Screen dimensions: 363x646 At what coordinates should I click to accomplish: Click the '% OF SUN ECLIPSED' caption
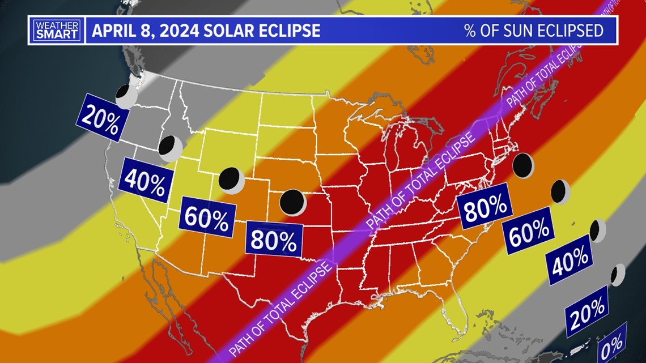(534, 30)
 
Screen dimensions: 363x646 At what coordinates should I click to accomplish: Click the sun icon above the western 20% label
(126, 96)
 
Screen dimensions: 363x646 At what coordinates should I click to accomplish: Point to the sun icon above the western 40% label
(170, 148)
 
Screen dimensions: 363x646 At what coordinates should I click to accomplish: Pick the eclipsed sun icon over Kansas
(293, 202)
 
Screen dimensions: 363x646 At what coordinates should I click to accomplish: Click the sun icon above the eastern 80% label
(523, 165)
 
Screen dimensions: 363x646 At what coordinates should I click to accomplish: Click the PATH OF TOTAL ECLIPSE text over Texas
(280, 309)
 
